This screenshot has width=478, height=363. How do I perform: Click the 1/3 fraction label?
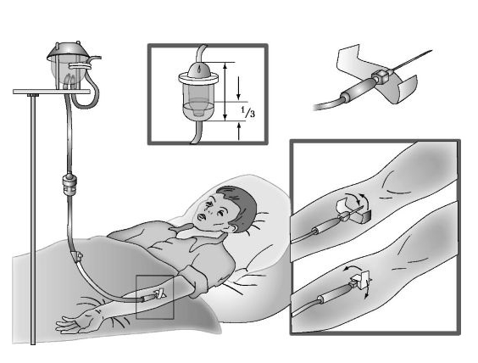(x=248, y=112)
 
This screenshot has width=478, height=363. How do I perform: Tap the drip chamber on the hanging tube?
(x=69, y=184)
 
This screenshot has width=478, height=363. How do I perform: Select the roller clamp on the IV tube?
(x=77, y=255)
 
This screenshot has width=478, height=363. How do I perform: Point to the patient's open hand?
(x=73, y=323)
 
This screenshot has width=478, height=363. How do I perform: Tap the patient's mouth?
(x=202, y=217)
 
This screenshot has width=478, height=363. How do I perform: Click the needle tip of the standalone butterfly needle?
(x=431, y=50)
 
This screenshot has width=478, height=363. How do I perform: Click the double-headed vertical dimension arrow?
(x=225, y=92)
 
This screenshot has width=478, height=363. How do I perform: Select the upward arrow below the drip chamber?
(x=239, y=131)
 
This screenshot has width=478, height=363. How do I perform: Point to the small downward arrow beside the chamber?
(x=238, y=87)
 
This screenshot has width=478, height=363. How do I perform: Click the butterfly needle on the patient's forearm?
(x=154, y=295)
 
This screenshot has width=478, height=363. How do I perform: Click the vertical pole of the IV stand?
(x=32, y=219)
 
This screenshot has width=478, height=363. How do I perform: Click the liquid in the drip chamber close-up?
(x=198, y=109)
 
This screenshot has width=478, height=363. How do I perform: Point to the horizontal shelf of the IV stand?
(x=52, y=92)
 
